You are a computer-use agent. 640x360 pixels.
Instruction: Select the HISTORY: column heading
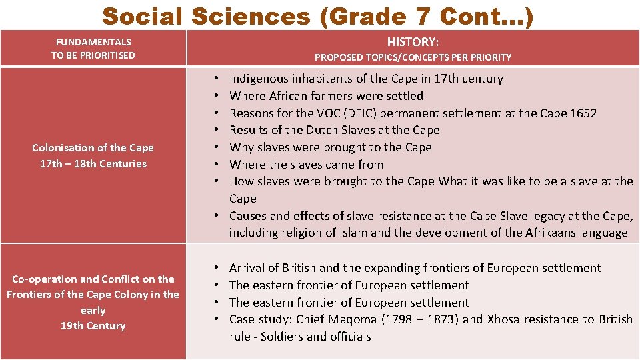pos(413,41)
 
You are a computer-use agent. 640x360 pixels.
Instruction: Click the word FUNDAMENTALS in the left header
pos(93,41)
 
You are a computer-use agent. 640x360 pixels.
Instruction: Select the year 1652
pos(583,113)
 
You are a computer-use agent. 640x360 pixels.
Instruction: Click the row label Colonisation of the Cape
pos(93,148)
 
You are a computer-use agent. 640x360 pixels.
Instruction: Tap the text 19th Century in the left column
pos(93,326)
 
